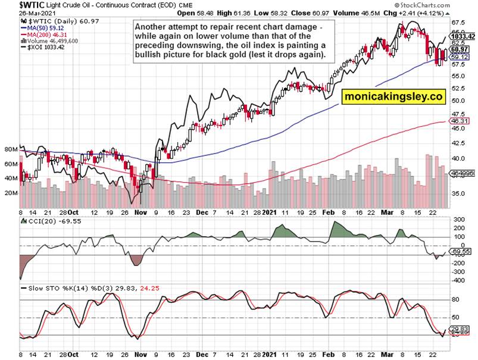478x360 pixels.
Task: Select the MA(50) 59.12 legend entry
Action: pos(43,27)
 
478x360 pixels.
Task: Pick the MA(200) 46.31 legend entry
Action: pos(45,34)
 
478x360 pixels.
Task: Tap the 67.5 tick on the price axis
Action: pos(458,23)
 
